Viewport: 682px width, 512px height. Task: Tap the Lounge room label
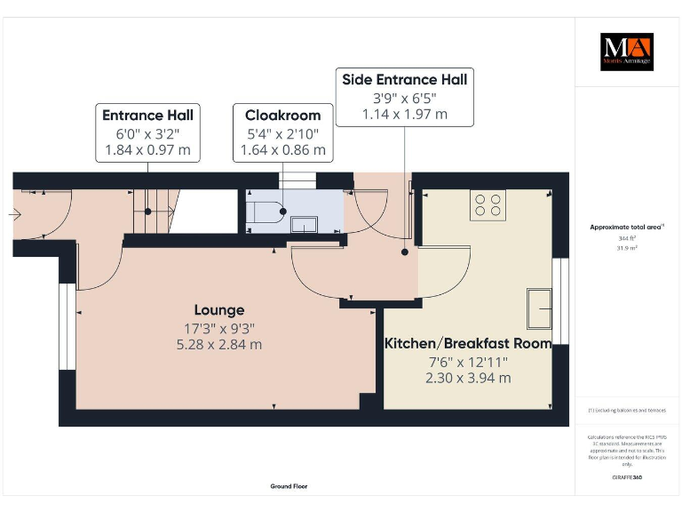[x=219, y=310]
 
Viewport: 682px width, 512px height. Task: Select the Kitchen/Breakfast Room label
[x=467, y=343]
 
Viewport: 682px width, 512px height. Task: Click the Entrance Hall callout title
[x=147, y=116]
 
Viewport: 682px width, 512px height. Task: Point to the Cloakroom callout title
[x=282, y=116]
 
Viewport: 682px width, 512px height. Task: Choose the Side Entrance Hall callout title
[x=404, y=79]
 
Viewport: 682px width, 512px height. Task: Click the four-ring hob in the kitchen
[x=488, y=204]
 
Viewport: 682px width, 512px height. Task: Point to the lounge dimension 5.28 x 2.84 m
[x=219, y=345]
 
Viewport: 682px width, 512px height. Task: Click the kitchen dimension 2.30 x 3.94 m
[x=467, y=378]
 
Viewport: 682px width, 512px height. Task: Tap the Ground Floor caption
[x=289, y=486]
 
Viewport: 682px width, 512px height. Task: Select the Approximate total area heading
[x=627, y=228]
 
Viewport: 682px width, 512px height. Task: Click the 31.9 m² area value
[x=627, y=249]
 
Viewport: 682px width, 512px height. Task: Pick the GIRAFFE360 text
[x=627, y=478]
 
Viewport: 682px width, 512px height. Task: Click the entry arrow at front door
[x=15, y=213]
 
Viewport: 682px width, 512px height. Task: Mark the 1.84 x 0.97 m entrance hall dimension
[x=147, y=150]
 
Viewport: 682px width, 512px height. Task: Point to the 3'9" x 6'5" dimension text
[x=404, y=97]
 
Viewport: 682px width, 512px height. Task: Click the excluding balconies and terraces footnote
[x=627, y=411]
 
